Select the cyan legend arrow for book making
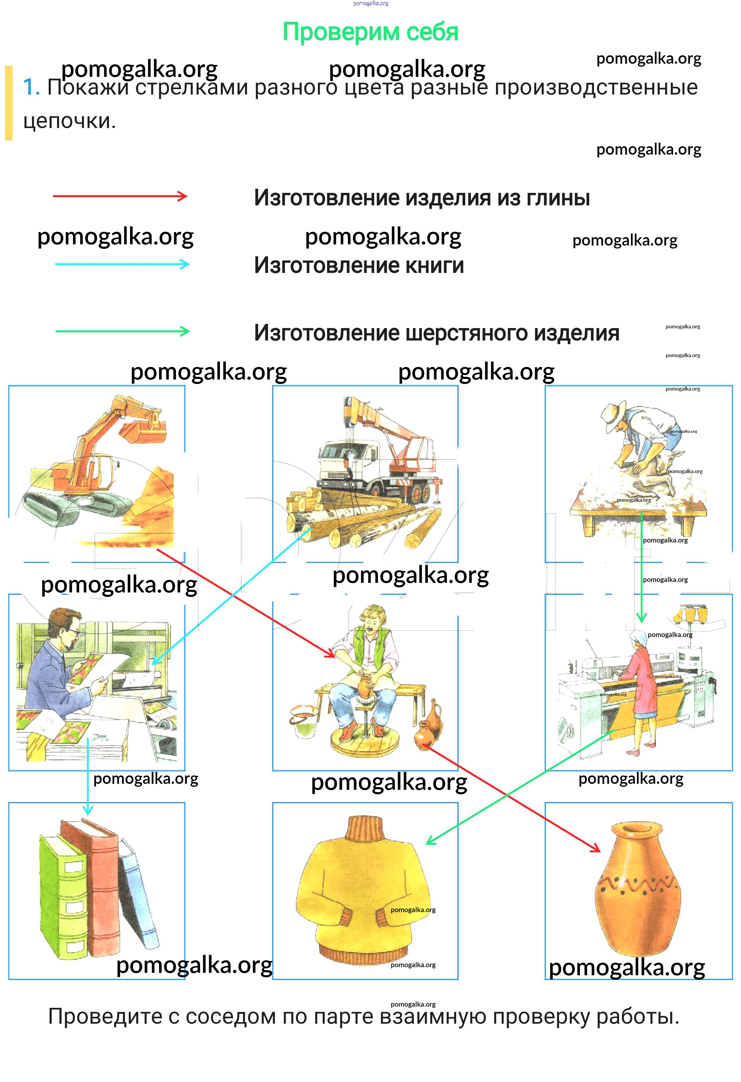[x=122, y=264]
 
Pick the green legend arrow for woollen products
[x=122, y=331]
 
